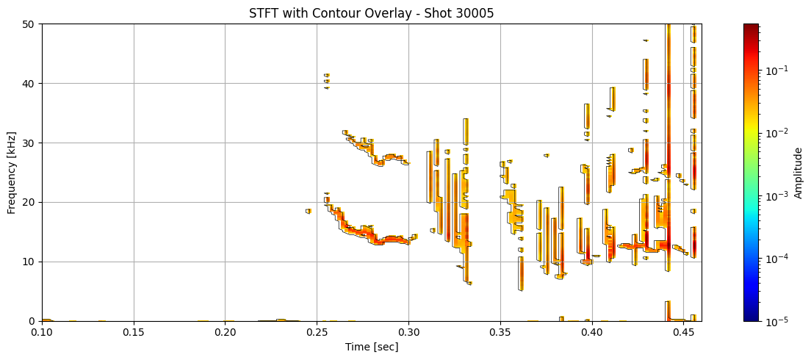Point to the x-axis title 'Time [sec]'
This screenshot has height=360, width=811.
tap(371, 347)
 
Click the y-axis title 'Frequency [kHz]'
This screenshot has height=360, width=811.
tap(12, 172)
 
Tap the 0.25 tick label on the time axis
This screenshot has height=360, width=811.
tap(317, 333)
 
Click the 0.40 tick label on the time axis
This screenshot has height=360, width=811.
tap(591, 333)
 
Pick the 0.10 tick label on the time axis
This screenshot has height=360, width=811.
tap(42, 333)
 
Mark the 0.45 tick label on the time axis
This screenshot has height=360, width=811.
tap(683, 333)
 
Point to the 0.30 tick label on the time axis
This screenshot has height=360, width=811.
tap(408, 333)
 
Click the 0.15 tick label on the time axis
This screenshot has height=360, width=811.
tap(134, 333)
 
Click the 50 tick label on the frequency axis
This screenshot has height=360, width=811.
tap(31, 24)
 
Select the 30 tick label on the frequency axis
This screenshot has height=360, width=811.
tap(31, 143)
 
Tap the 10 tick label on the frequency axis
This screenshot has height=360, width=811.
tap(31, 262)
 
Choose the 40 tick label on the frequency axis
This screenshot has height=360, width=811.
tap(31, 83)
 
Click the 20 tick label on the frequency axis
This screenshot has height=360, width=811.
tap(31, 202)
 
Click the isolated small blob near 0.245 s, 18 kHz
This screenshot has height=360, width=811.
tap(309, 211)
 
